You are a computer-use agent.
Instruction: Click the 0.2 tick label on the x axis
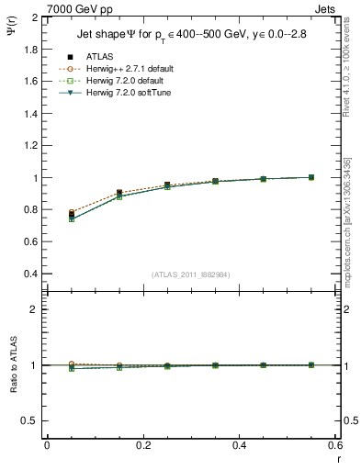[x=142, y=445]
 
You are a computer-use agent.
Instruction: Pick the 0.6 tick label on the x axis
[x=334, y=445]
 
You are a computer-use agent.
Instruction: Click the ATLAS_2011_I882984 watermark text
[x=191, y=274]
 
